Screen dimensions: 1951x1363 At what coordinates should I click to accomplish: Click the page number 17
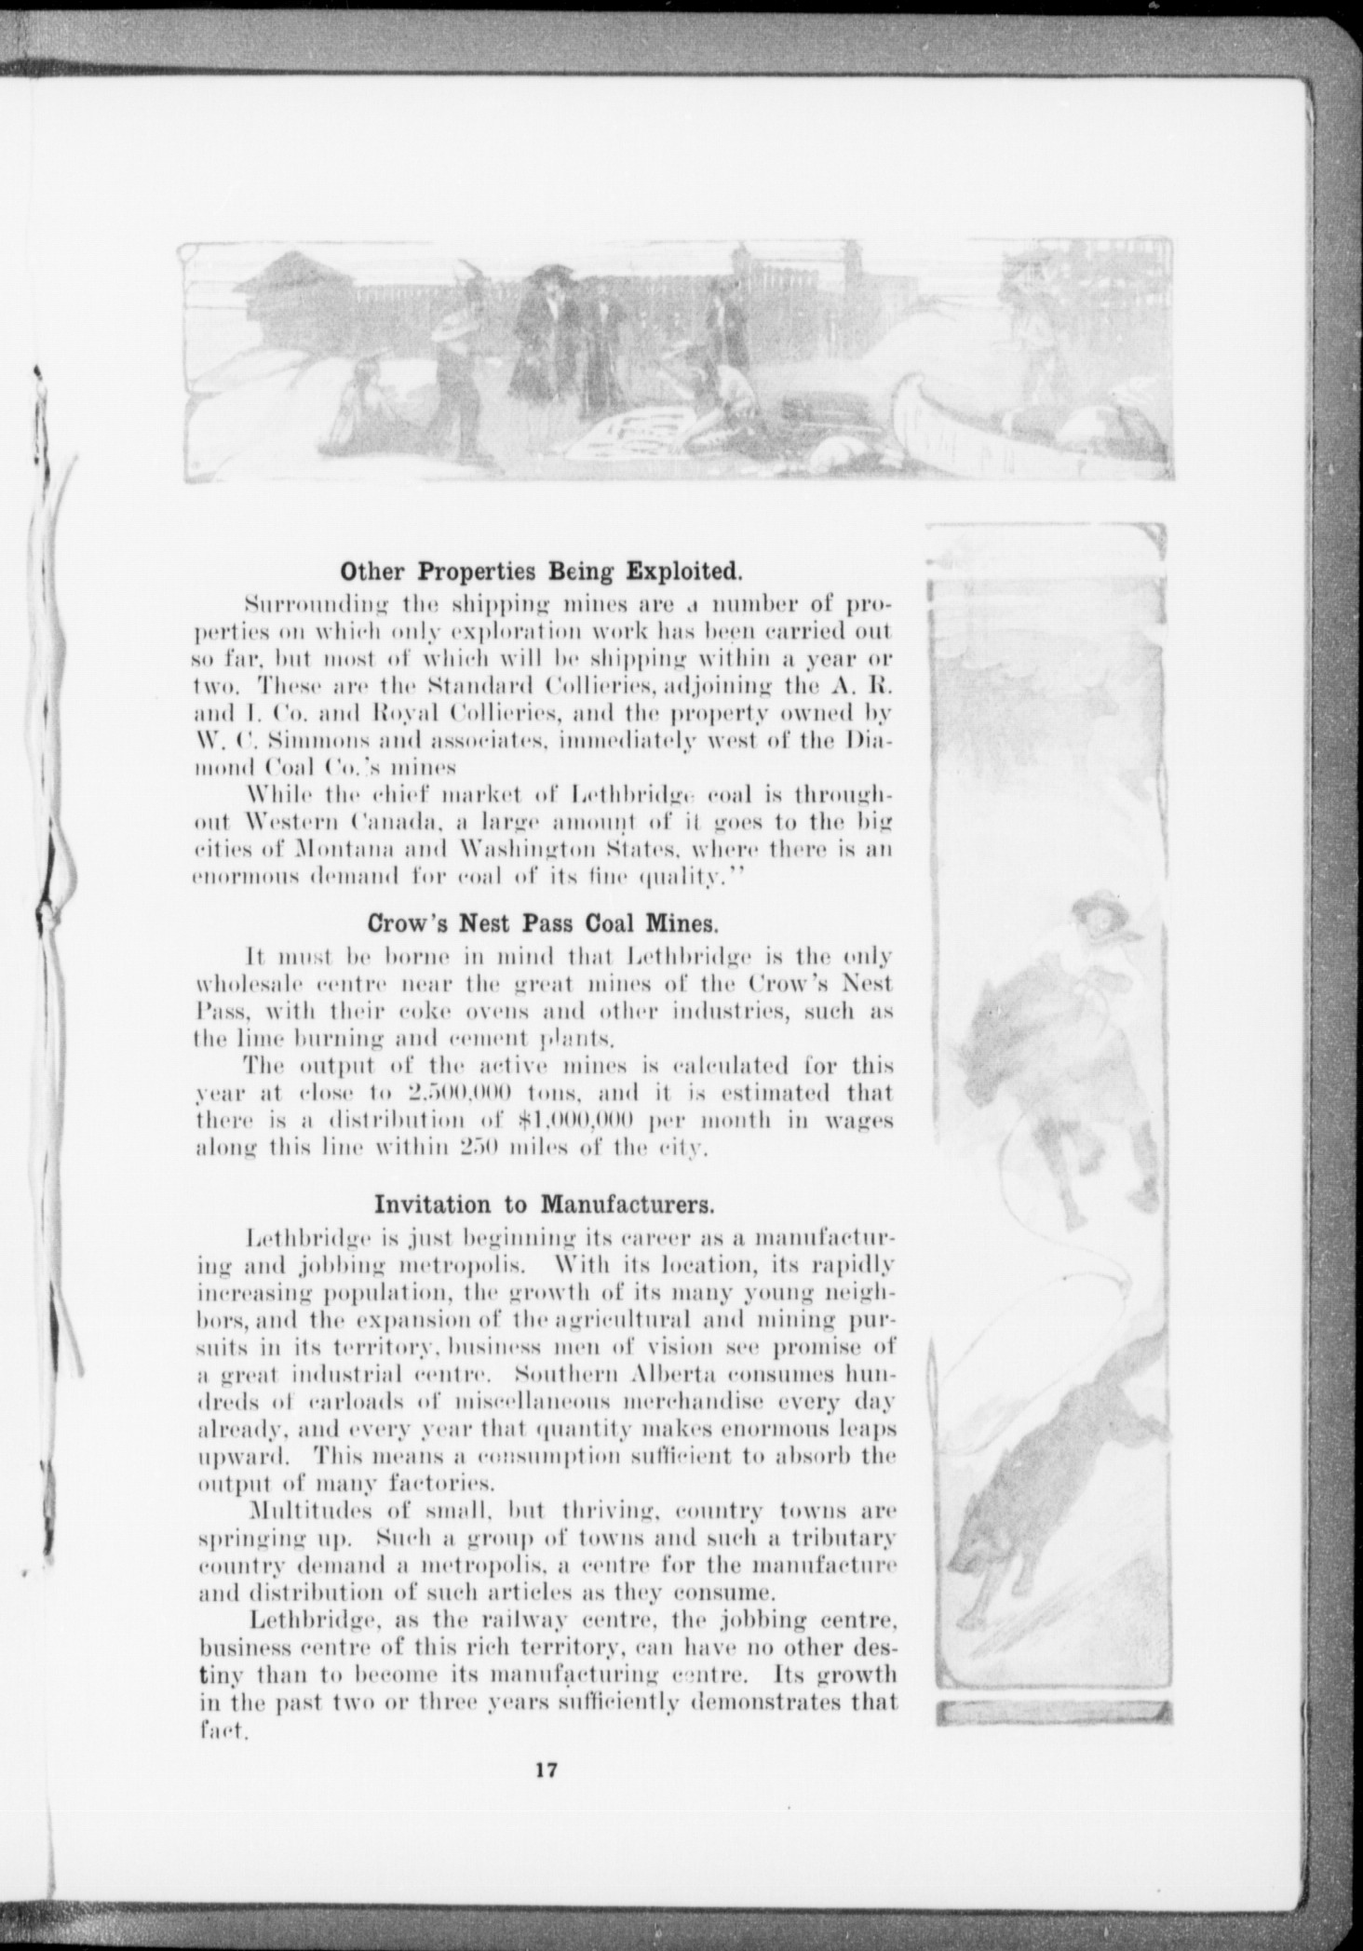(x=546, y=1770)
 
